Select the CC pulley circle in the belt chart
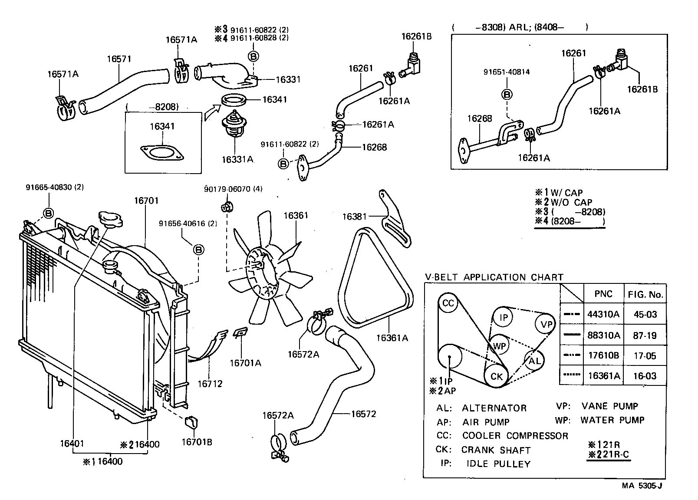(448, 303)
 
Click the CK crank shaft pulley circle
(496, 376)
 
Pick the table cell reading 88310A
(603, 336)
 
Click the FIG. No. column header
(645, 295)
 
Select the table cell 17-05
(645, 356)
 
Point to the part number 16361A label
(392, 338)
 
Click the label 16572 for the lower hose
(363, 414)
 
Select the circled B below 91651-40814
(507, 94)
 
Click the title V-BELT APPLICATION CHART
(494, 277)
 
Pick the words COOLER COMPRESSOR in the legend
(515, 436)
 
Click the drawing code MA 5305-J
(642, 486)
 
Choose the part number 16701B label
(197, 442)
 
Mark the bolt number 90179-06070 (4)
(233, 189)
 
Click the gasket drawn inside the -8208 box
(162, 153)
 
